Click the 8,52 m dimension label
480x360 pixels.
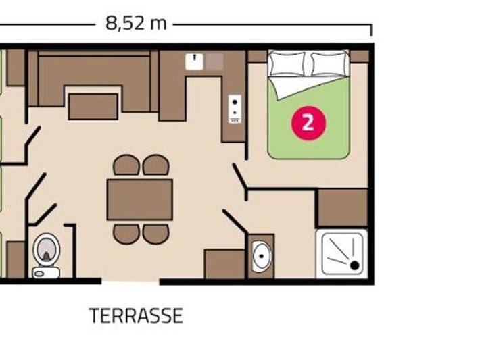click(x=135, y=24)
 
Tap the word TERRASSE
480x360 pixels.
click(x=136, y=315)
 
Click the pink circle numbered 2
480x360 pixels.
click(x=308, y=123)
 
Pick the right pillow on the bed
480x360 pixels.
click(x=329, y=63)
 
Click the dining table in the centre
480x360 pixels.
click(x=140, y=199)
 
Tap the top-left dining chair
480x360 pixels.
click(x=126, y=165)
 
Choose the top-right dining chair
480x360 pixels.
click(x=155, y=165)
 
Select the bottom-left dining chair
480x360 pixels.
click(x=126, y=234)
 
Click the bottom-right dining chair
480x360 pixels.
click(x=155, y=234)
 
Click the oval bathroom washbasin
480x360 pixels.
click(x=261, y=257)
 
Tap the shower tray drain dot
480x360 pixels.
click(x=354, y=265)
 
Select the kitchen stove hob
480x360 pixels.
click(x=235, y=108)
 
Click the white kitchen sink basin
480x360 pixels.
click(x=194, y=62)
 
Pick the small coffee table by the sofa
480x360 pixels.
click(x=93, y=107)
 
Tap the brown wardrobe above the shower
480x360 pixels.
click(x=342, y=208)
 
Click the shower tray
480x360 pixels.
click(x=341, y=253)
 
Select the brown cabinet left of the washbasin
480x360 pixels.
click(x=224, y=263)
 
